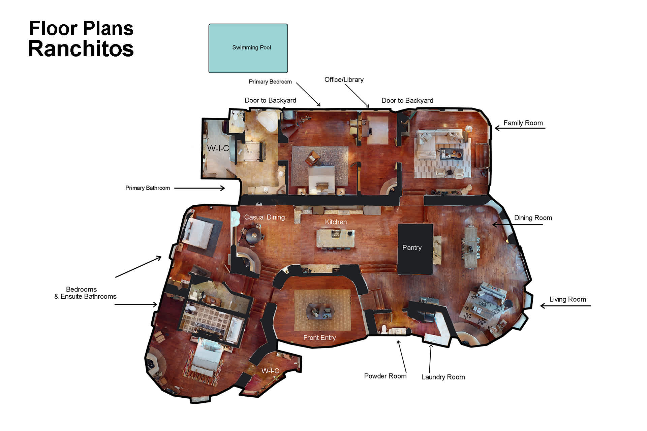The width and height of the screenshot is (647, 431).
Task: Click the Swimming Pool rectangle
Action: tap(248, 48)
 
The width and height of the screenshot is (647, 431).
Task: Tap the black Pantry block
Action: tap(415, 249)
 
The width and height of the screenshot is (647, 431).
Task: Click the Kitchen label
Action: tap(336, 222)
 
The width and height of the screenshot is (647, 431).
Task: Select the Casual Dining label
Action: tap(264, 218)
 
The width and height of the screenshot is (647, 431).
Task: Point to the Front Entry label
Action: tap(319, 338)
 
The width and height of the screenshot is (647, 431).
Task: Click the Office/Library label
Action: tap(344, 80)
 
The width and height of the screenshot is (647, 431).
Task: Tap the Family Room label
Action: tap(523, 123)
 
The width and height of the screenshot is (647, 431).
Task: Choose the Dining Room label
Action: tap(533, 218)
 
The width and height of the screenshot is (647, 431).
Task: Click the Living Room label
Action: tap(567, 299)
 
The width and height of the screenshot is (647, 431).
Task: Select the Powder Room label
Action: tap(385, 376)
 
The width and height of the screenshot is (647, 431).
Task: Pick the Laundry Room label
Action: tap(443, 377)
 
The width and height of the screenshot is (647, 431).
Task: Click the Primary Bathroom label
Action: tap(148, 188)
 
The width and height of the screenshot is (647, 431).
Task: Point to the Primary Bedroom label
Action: tap(270, 82)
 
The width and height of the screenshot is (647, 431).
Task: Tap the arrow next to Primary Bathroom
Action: tap(199, 188)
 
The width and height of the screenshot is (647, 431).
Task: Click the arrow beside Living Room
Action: tap(565, 306)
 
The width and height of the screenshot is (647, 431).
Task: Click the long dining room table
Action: tap(472, 247)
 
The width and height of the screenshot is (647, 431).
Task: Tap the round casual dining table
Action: tap(253, 235)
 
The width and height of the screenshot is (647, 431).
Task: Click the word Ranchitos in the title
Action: tap(81, 49)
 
